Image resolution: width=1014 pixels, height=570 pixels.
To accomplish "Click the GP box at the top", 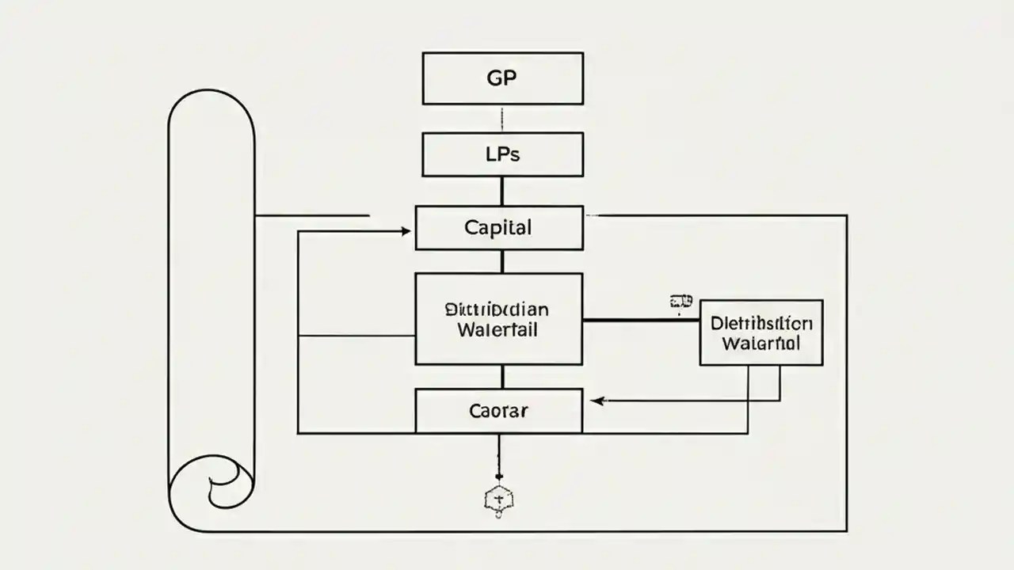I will pos(502,78).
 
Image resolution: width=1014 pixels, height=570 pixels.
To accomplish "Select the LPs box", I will pos(502,154).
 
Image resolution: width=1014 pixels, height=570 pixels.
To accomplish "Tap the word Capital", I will pos(498,228).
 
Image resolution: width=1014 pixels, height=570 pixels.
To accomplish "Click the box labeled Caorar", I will pos(499,411).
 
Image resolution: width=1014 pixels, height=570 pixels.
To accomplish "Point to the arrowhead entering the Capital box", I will pos(406,231).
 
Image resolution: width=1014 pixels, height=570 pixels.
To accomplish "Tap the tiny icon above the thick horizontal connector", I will pos(680,302).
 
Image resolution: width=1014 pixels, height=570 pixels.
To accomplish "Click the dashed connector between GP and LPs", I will pos(502,119).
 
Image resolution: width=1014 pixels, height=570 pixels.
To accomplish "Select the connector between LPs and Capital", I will pos(502,191).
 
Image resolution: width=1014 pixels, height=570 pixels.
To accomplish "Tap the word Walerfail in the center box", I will pos(497,329).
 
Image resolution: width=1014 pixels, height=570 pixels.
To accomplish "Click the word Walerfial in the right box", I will pos(761,344).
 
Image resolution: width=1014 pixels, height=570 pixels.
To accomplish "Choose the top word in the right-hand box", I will pos(761,323).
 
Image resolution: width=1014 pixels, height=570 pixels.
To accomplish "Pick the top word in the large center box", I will pos(497,309).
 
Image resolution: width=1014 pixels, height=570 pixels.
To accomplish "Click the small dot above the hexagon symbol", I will pos(499,476).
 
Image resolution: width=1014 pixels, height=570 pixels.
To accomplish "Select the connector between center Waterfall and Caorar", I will pos(502,377).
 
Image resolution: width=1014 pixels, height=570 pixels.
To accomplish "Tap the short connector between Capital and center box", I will pos(502,261).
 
